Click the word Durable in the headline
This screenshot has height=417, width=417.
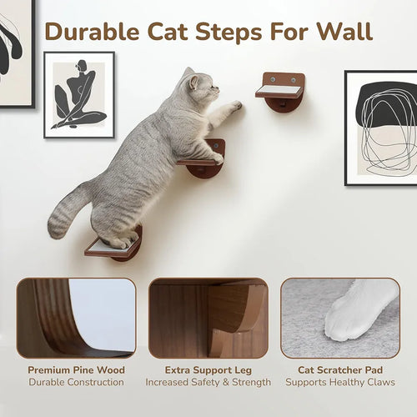tap(92, 32)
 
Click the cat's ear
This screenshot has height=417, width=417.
tap(193, 83)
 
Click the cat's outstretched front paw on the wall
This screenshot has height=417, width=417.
tap(236, 105)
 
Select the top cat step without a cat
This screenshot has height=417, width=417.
tap(280, 93)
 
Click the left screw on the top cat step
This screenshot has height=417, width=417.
tap(273, 79)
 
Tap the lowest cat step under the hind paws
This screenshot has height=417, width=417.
tap(113, 246)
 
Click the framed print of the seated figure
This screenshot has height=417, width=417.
tap(79, 95)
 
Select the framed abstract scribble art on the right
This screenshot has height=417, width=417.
tap(381, 128)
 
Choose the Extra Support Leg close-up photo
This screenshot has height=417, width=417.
tap(208, 318)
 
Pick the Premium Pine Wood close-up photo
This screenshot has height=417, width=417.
tap(76, 318)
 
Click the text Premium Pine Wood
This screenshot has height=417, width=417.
tap(76, 370)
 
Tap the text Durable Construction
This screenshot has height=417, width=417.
tap(76, 382)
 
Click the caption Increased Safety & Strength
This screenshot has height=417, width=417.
tap(208, 382)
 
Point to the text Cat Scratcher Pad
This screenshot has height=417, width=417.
tap(340, 370)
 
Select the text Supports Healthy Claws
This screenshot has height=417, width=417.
tap(340, 382)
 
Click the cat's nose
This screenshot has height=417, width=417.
tap(218, 89)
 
